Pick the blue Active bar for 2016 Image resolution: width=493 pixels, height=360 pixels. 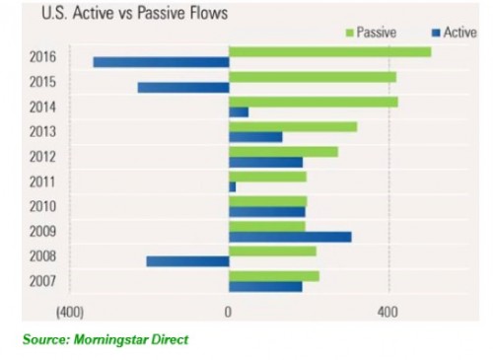coord(161,62)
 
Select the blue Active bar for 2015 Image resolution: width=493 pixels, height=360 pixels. coord(182,88)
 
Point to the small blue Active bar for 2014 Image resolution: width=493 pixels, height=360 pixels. coord(239,112)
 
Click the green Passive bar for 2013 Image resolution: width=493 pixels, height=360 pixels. coord(292,126)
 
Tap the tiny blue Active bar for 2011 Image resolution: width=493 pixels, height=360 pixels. coord(232,186)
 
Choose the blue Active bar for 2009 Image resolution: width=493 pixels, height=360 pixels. coord(290,237)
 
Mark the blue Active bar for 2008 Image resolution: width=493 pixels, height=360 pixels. coord(187,261)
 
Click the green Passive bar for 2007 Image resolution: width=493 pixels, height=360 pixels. coord(273,276)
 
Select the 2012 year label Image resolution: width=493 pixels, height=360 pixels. coord(43,157)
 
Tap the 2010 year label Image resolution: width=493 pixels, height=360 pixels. coord(43,206)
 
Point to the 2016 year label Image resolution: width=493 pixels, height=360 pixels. coord(43,57)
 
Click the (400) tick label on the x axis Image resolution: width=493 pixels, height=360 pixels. coord(69,313)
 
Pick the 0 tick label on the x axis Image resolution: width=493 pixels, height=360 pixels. coord(228,313)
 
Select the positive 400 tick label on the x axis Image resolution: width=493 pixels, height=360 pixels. coord(387,313)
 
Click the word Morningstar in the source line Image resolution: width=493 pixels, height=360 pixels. coord(106,340)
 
